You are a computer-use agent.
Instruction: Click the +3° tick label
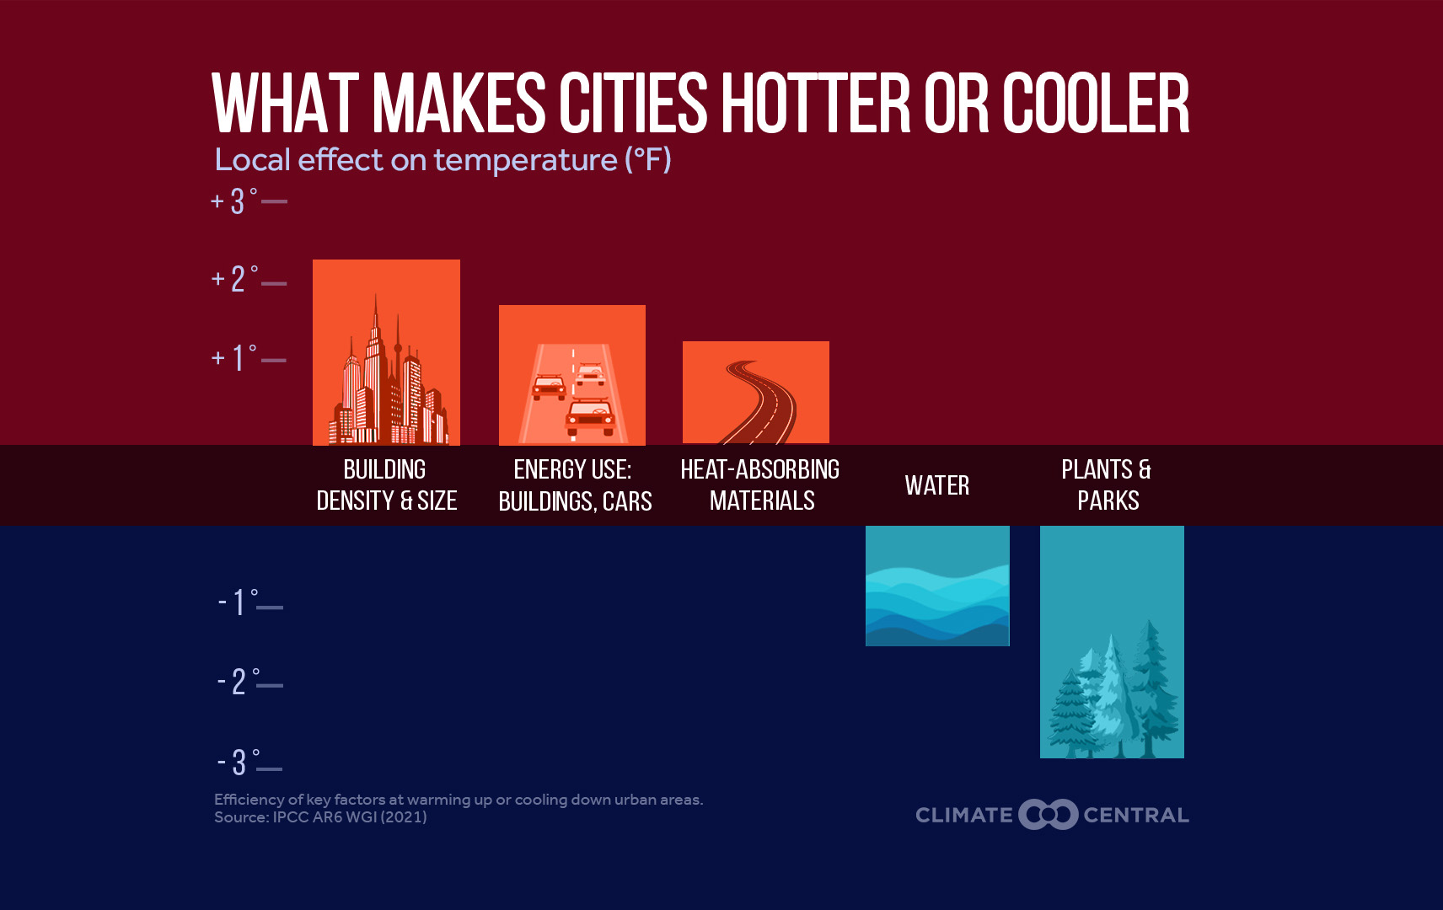point(234,201)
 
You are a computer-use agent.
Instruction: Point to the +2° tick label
point(235,280)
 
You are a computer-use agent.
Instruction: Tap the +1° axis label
point(234,357)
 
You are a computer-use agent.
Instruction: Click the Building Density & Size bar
point(387,352)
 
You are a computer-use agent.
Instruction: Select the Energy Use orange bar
point(572,375)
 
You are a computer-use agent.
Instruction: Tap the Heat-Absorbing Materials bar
point(756,393)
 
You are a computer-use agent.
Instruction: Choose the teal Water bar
point(937,586)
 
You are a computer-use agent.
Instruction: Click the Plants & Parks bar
point(1112,642)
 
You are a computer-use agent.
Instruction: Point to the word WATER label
point(937,485)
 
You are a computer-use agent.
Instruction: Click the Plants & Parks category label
point(1107,485)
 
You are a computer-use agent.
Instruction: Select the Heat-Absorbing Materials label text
point(760,485)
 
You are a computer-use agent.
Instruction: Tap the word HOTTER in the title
point(815,103)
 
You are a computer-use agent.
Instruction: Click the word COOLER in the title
point(1096,103)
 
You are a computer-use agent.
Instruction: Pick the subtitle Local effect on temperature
point(443,160)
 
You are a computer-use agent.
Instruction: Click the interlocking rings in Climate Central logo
point(1048,815)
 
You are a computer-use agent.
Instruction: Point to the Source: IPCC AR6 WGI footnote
point(320,817)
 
